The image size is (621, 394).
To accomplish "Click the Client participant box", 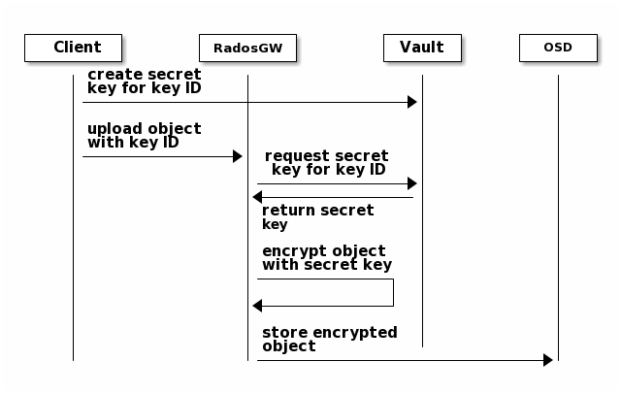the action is click(74, 48).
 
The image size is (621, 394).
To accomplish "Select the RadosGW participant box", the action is click(248, 48).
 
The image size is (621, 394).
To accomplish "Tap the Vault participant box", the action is click(423, 48).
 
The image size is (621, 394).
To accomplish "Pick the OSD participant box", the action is click(559, 48).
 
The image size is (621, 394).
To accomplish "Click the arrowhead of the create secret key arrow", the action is click(412, 102).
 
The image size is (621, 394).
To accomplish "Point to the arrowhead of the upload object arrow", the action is click(238, 156).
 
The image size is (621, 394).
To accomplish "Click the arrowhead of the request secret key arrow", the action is click(412, 183).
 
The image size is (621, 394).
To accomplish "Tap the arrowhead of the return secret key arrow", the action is click(257, 197).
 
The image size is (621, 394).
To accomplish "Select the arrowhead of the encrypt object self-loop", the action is click(257, 306).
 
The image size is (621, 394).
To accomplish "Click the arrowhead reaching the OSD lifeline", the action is click(548, 360).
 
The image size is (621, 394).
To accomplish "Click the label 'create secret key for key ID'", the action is click(145, 82).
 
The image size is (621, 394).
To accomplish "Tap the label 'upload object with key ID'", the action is click(145, 136).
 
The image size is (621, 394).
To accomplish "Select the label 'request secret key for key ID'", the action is click(327, 163).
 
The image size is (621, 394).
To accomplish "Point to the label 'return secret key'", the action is click(318, 217).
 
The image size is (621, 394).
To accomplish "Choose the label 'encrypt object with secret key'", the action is click(327, 258).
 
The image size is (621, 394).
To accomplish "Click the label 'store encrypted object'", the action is click(330, 340).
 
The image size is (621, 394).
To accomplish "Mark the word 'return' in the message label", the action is click(281, 211).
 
